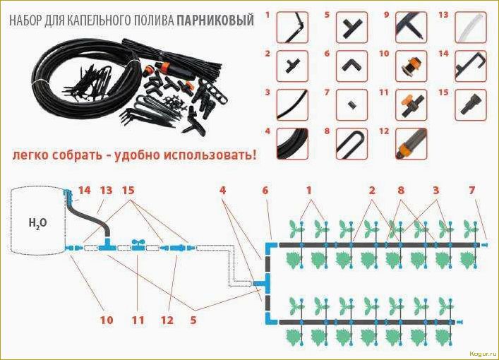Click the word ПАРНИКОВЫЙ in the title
[220, 21]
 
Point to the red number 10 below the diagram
[106, 320]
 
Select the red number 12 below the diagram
[167, 320]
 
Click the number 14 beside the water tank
[85, 191]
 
